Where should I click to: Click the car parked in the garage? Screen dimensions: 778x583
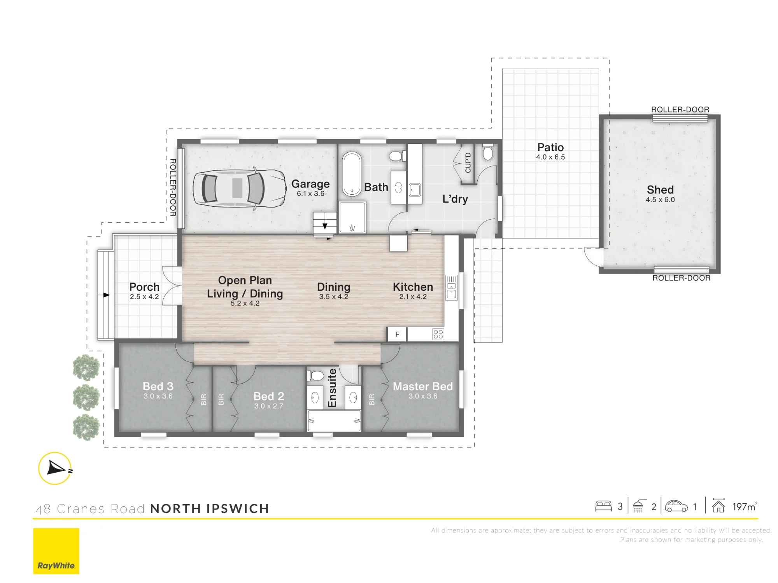[240, 189]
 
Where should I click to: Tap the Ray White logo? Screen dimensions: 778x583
[56, 551]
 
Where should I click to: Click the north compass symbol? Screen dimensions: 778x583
[55, 468]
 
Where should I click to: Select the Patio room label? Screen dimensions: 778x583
[550, 147]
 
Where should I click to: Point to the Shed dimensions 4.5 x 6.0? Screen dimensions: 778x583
[660, 199]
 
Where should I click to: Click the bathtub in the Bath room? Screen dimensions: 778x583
[352, 174]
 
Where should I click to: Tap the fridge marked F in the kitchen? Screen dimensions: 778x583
[397, 334]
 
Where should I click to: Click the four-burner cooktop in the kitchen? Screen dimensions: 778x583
[438, 334]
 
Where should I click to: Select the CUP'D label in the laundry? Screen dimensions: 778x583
[468, 162]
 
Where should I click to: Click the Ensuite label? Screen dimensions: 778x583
[332, 388]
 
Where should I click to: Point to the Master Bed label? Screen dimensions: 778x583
[423, 386]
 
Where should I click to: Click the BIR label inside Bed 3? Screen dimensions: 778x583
[203, 400]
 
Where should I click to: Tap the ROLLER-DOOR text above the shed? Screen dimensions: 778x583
[680, 110]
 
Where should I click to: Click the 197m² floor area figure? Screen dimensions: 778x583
[745, 506]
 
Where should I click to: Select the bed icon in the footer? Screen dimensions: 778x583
[603, 506]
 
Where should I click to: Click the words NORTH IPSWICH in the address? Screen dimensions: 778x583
[210, 508]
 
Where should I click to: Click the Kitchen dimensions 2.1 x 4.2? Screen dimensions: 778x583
[413, 297]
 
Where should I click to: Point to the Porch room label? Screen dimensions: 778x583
[144, 287]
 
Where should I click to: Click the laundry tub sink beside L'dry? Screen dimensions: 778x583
[415, 190]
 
